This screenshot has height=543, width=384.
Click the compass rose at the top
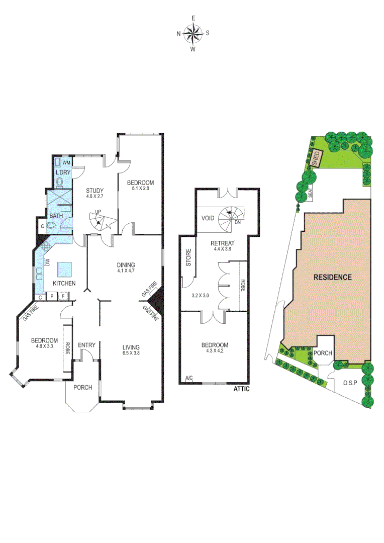(x=193, y=34)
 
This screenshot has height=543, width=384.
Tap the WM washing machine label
(x=66, y=162)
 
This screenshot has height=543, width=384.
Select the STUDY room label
(x=94, y=191)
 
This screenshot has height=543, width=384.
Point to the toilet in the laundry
(x=60, y=182)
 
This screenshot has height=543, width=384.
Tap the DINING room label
(x=126, y=265)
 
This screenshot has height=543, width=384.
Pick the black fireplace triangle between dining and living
(x=158, y=300)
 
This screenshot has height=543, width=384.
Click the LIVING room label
(x=131, y=347)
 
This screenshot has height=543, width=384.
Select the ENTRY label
(x=86, y=345)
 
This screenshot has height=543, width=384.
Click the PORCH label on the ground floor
(x=82, y=387)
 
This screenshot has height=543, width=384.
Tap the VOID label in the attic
(x=209, y=219)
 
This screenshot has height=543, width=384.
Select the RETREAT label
(x=224, y=243)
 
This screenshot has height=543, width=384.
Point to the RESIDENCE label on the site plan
(x=332, y=277)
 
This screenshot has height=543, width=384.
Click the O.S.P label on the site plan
(x=350, y=383)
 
